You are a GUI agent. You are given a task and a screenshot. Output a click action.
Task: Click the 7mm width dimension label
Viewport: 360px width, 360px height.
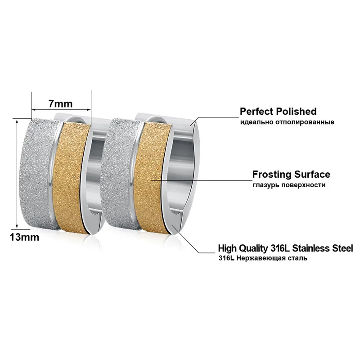(60, 104)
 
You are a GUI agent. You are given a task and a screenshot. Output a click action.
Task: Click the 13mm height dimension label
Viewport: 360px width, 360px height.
(24, 237)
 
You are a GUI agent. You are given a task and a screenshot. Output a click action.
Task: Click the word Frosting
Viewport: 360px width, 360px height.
(272, 175)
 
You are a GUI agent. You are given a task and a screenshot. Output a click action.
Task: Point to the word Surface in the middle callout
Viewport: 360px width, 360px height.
(312, 175)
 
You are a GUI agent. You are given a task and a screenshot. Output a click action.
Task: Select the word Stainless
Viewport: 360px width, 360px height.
(311, 248)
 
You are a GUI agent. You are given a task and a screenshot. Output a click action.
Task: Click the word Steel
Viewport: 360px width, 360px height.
(342, 248)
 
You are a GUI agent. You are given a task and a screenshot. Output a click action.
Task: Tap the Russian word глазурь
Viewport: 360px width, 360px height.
(266, 185)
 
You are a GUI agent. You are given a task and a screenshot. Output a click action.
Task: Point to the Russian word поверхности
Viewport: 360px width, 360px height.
(303, 185)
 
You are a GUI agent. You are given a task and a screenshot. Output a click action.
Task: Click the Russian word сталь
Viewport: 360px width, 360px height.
(296, 258)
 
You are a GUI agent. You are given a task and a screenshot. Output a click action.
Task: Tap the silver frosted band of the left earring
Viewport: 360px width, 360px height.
(38, 175)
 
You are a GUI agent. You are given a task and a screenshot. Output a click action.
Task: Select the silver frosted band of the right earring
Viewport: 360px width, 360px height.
(119, 175)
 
